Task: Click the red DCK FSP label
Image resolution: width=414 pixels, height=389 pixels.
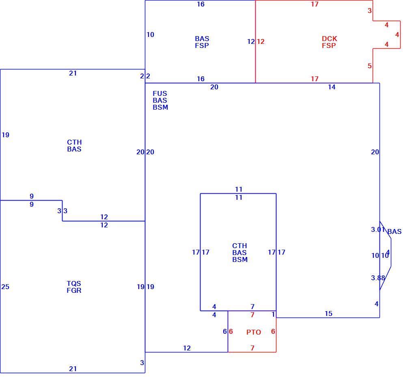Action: [x=329, y=42]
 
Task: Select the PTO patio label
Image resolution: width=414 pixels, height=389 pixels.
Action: [x=253, y=332]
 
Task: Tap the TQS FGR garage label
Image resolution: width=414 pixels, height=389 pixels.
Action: [x=74, y=287]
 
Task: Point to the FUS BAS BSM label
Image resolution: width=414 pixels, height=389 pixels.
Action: [x=160, y=100]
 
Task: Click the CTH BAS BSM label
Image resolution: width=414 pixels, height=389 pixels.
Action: [x=240, y=253]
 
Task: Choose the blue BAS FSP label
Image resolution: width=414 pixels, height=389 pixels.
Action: [x=202, y=42]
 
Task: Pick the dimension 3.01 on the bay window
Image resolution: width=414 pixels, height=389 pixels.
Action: [x=378, y=229]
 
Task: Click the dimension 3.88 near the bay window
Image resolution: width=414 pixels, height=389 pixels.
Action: [x=378, y=278]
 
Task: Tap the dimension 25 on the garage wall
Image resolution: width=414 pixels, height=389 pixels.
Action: [x=5, y=287]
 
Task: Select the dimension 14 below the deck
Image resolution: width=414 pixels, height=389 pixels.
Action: [x=332, y=87]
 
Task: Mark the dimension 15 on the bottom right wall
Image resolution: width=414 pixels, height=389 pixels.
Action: [x=328, y=314]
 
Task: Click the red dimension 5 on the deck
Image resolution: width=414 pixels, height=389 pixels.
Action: [x=370, y=66]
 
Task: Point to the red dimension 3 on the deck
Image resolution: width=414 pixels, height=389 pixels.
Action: [x=370, y=11]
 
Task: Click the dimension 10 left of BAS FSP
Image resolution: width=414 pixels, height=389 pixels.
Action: [x=150, y=35]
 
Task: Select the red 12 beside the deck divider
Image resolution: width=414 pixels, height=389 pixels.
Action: [x=261, y=41]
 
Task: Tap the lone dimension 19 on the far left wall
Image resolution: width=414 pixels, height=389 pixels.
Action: [x=5, y=135]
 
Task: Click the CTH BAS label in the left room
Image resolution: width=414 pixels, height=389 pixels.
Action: [x=74, y=145]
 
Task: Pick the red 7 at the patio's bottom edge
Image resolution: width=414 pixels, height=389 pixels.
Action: [x=252, y=348]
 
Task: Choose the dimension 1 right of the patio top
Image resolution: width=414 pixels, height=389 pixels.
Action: [x=273, y=315]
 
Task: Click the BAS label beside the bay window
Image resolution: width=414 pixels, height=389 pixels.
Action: [x=395, y=231]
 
